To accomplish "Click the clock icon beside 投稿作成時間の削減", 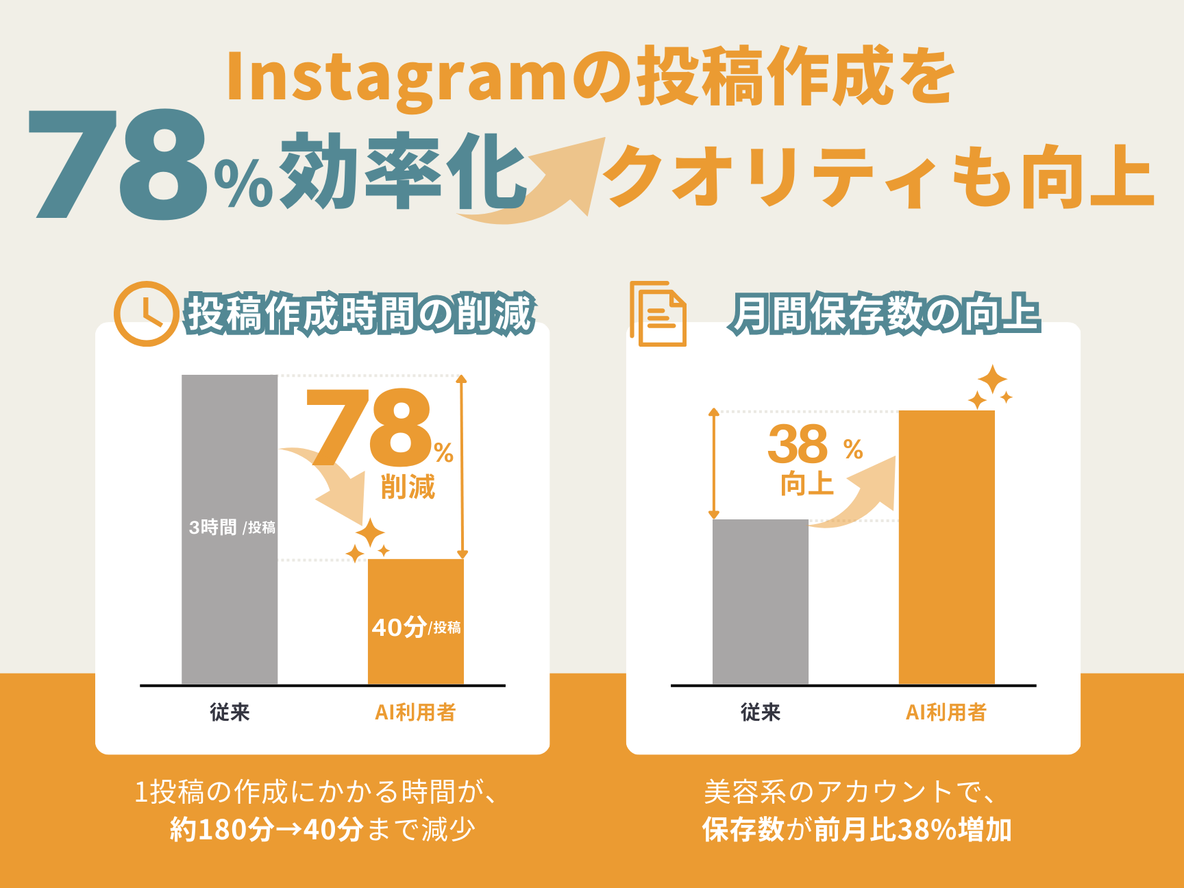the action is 147,314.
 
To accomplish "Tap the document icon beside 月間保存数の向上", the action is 658,313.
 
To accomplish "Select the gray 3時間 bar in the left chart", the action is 230,529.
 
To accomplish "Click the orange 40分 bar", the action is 416,621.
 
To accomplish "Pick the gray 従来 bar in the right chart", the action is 761,602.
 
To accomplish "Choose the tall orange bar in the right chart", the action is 947,547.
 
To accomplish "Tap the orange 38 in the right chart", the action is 798,444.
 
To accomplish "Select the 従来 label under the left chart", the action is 230,713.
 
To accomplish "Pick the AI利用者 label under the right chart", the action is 946,713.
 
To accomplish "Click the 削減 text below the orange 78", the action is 408,487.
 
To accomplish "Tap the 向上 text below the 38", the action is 807,484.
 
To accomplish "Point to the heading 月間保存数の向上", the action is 885,314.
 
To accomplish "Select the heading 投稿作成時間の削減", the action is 360,314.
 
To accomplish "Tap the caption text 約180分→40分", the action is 267,830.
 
